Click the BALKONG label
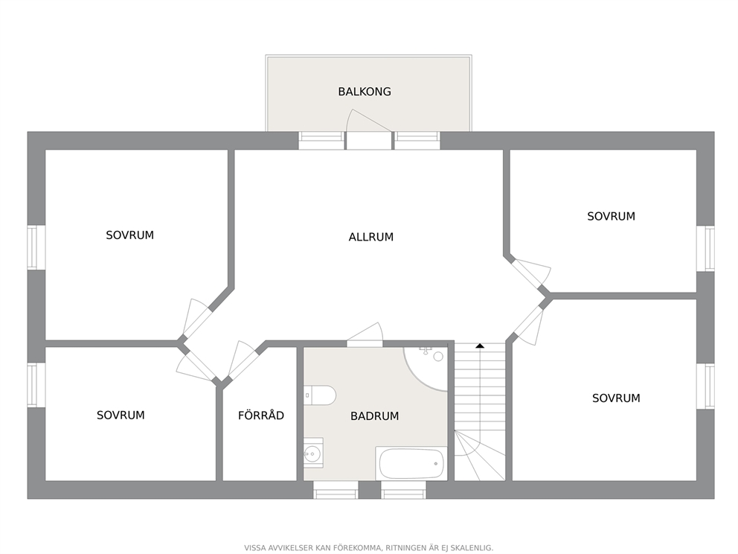[365, 92]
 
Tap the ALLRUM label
[371, 237]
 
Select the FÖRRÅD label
[260, 415]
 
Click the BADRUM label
[375, 416]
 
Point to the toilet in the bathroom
[320, 395]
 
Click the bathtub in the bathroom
[411, 463]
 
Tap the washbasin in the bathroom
[313, 453]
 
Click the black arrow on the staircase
[480, 346]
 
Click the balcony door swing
[368, 121]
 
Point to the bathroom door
[365, 335]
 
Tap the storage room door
[242, 360]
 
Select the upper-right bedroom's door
[531, 274]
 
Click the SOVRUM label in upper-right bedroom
[611, 216]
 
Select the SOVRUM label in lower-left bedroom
[121, 415]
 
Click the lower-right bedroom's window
[705, 386]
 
